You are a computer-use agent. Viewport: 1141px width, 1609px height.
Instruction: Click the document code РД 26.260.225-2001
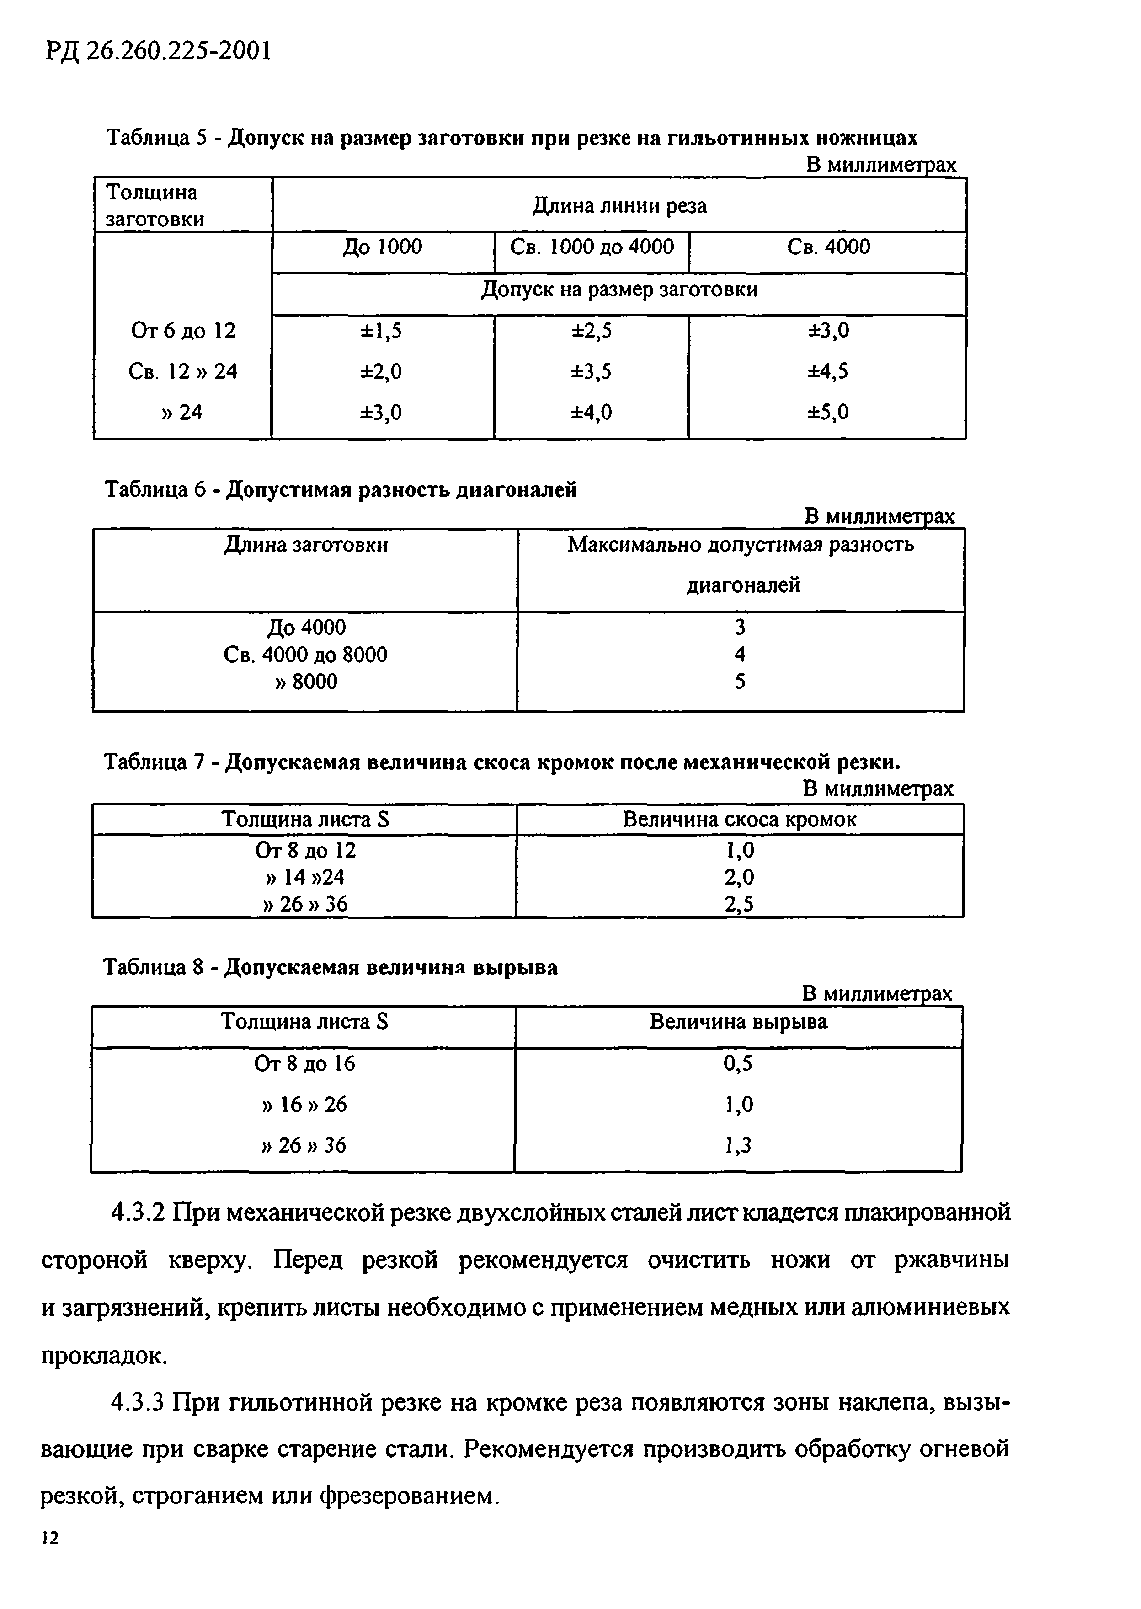pyautogui.click(x=158, y=51)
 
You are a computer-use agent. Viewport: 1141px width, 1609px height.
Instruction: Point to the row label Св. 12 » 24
pyautogui.click(x=183, y=371)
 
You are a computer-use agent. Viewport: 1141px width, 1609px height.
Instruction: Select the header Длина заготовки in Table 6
pyautogui.click(x=306, y=545)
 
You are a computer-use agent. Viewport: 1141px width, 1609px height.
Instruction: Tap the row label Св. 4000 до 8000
pyautogui.click(x=306, y=655)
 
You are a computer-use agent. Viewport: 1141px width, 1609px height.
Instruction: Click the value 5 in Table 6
pyautogui.click(x=740, y=682)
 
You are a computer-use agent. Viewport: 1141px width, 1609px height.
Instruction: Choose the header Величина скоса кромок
pyautogui.click(x=739, y=820)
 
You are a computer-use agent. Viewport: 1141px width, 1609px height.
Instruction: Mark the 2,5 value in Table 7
pyautogui.click(x=739, y=904)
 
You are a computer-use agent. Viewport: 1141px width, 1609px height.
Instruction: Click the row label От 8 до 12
pyautogui.click(x=306, y=851)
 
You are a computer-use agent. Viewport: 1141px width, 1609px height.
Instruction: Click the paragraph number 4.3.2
pyautogui.click(x=138, y=1212)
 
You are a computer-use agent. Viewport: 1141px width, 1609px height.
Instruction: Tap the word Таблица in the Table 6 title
pyautogui.click(x=145, y=489)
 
